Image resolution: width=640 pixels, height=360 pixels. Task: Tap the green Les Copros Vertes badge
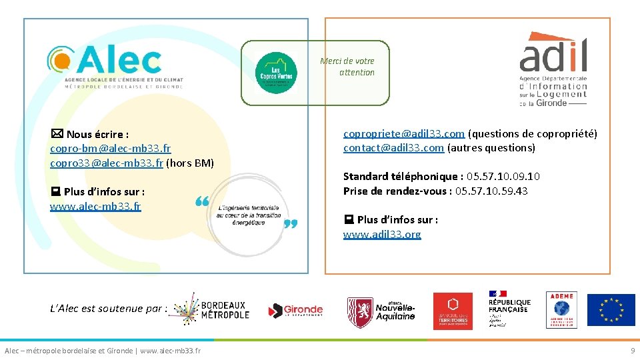pyautogui.click(x=276, y=73)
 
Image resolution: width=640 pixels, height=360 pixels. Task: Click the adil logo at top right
pyautogui.click(x=553, y=69)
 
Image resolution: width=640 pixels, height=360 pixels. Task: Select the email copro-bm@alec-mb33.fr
pyautogui.click(x=110, y=149)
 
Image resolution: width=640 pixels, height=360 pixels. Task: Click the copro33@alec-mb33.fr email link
pyautogui.click(x=107, y=163)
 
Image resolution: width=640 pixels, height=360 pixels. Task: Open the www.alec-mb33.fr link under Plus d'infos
pyautogui.click(x=95, y=206)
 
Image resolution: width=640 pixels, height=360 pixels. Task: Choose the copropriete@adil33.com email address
pyautogui.click(x=403, y=134)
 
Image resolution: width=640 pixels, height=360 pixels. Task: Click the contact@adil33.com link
pyautogui.click(x=393, y=148)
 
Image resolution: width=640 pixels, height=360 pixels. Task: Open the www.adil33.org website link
pyautogui.click(x=382, y=234)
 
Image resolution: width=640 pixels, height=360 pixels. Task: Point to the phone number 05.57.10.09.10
pyautogui.click(x=503, y=177)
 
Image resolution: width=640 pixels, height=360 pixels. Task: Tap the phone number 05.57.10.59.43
pyautogui.click(x=491, y=191)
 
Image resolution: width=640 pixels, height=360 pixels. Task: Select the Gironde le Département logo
pyautogui.click(x=295, y=311)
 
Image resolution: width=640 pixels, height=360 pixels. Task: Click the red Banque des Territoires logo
pyautogui.click(x=453, y=311)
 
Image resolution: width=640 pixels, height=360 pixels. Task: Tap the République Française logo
pyautogui.click(x=509, y=309)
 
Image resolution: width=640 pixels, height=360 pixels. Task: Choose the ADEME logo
pyautogui.click(x=561, y=309)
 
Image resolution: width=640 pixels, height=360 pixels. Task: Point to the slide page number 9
pyautogui.click(x=633, y=351)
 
